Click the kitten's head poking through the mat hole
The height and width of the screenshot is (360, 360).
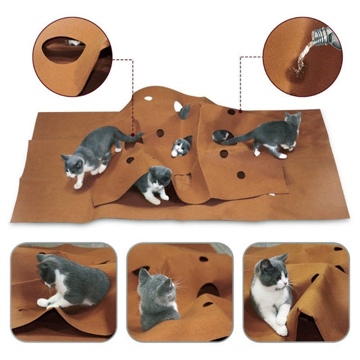(x=180, y=146)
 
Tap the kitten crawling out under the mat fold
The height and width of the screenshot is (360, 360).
(x=155, y=184)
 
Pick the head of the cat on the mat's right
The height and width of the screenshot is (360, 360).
(x=292, y=122)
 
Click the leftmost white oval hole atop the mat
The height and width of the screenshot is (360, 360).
(x=148, y=99)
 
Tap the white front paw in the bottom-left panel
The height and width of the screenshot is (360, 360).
(x=44, y=303)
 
